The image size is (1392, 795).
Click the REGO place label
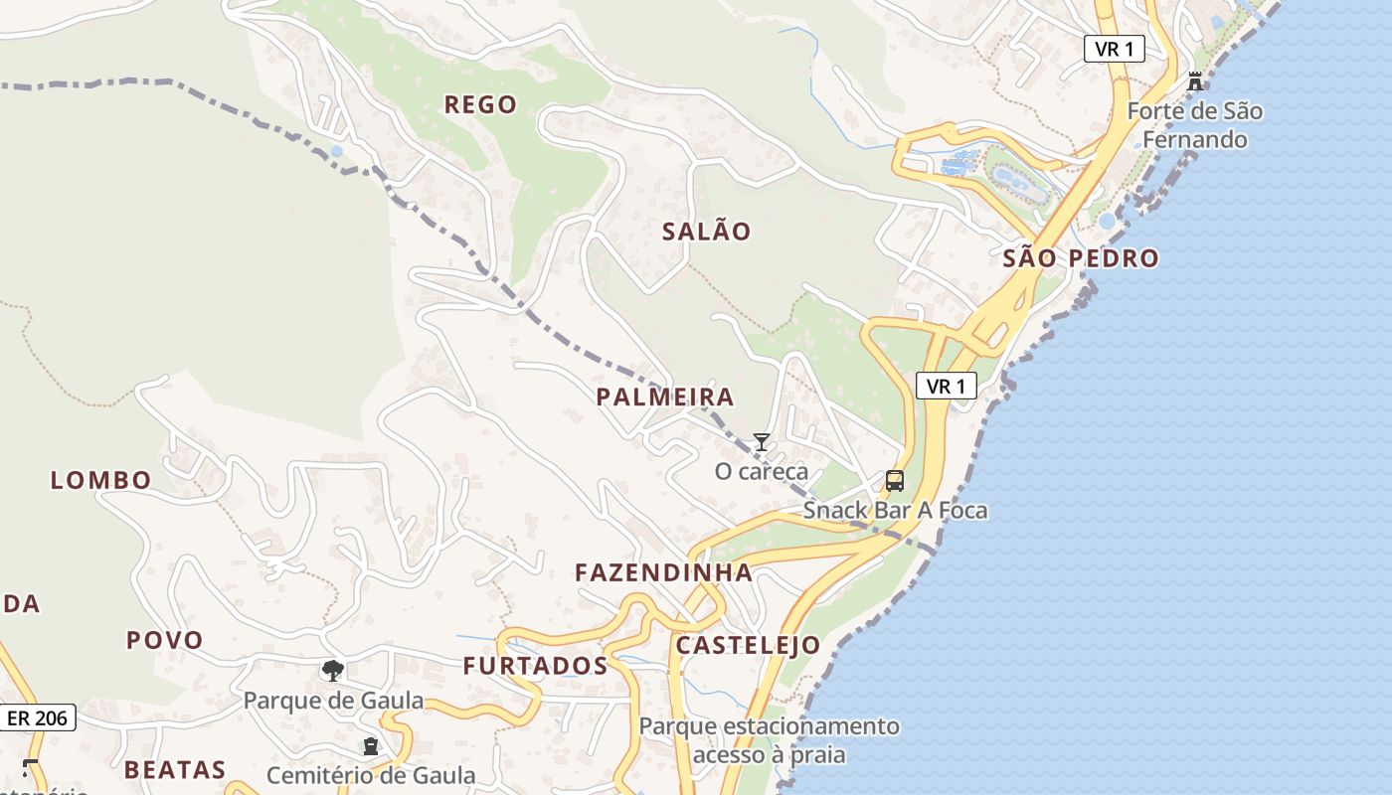(480, 104)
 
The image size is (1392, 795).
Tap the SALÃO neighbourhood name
(707, 232)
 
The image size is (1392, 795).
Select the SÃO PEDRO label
(1081, 258)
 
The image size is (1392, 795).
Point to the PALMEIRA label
(665, 397)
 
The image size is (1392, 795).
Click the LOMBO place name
(101, 480)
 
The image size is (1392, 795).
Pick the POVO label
(164, 640)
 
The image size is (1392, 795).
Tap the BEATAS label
(175, 769)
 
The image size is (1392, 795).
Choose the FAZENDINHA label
(664, 572)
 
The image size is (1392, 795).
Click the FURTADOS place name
(535, 666)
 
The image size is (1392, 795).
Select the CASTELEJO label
(749, 645)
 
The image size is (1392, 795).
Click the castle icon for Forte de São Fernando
(1195, 81)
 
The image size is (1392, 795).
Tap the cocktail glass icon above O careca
(762, 442)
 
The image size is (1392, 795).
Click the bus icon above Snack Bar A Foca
(895, 482)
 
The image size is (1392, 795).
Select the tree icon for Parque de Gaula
(333, 671)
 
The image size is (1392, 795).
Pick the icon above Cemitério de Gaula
(371, 746)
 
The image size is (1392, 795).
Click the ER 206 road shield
(39, 717)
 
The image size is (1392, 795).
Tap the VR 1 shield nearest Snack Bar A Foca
(946, 387)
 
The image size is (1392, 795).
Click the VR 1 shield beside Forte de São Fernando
(1114, 48)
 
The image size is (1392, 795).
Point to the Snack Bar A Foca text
(895, 511)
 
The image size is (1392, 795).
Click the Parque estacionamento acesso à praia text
(769, 740)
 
